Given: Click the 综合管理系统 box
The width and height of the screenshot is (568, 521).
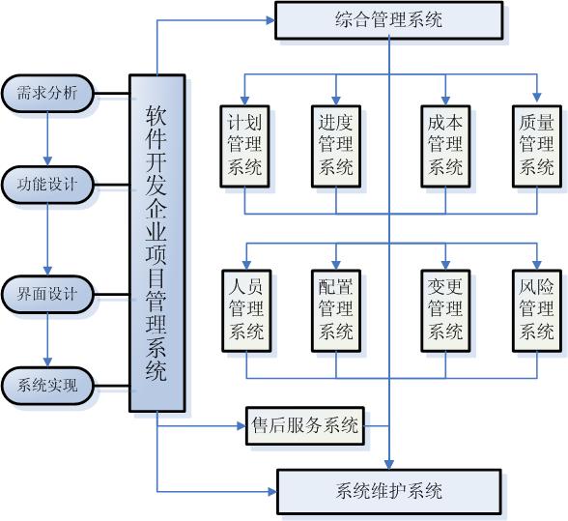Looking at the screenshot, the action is [x=388, y=20].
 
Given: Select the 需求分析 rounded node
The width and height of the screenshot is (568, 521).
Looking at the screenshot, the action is [x=47, y=93].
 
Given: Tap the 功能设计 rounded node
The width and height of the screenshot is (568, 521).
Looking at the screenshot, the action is [x=47, y=185].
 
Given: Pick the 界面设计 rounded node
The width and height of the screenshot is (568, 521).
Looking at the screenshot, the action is [x=47, y=294].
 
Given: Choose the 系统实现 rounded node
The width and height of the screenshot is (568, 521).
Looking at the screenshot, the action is [x=47, y=386].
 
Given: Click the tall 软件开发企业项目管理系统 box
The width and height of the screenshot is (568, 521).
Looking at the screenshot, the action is [x=157, y=244].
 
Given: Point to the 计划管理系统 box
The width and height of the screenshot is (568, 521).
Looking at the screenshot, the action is [x=245, y=146].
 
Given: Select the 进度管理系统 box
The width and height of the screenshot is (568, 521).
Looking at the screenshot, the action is [x=336, y=146].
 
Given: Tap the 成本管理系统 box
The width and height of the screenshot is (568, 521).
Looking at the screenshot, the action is [x=445, y=146].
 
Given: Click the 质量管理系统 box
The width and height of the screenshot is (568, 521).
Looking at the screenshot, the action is [x=537, y=146].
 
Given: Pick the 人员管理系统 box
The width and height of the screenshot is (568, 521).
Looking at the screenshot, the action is [x=246, y=310].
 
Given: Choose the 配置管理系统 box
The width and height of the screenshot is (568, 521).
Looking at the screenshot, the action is [x=336, y=310].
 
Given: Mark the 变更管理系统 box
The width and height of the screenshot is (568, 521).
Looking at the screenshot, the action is [x=445, y=310].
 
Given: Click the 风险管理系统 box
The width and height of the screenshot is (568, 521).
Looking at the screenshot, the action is [x=537, y=310].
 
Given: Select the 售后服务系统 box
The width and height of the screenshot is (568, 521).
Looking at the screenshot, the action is [x=305, y=425].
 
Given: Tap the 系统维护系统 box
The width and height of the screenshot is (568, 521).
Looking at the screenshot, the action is [x=388, y=492].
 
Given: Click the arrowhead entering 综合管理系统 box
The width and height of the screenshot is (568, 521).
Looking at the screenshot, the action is [x=270, y=20].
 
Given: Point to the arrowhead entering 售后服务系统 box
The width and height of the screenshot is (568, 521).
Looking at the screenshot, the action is [x=241, y=425].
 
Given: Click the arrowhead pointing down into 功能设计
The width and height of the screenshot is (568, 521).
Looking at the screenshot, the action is [x=47, y=161].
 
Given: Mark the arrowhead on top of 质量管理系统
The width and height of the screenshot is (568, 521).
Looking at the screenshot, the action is [x=537, y=98].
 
